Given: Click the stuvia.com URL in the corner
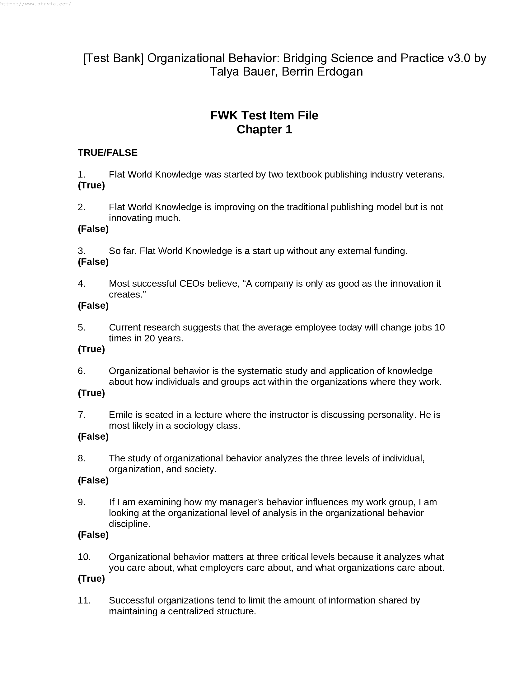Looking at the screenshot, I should [x=35, y=4].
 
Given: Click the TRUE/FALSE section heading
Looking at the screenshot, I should [x=107, y=153].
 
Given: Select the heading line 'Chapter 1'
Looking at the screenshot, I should [x=264, y=129].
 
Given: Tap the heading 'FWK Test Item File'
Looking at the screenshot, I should [x=264, y=115].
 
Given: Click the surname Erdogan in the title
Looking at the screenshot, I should [x=340, y=72].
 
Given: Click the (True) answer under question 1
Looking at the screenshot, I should [x=91, y=185].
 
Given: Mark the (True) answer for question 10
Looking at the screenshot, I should [x=91, y=579].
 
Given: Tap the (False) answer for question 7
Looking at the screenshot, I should [x=93, y=437].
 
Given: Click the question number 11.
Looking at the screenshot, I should [x=84, y=600].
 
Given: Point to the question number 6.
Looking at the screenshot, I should [x=82, y=371].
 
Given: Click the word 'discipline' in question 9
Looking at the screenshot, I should [x=129, y=524].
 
